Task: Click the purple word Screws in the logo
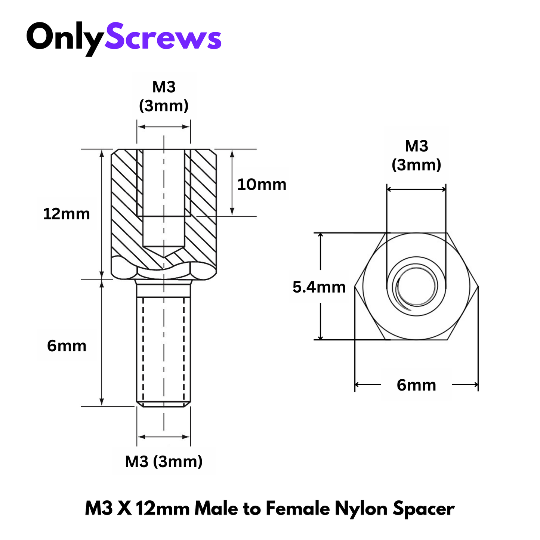[x=163, y=37]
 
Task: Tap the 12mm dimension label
[x=67, y=214]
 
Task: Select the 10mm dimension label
[x=262, y=185]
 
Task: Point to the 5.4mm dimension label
[x=319, y=287]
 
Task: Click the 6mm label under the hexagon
[x=416, y=385]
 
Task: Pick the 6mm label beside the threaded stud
[x=67, y=346]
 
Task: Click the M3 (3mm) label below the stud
[x=164, y=462]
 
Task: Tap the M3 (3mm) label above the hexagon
[x=416, y=155]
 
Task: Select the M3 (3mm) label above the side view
[x=164, y=96]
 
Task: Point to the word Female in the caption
[x=298, y=509]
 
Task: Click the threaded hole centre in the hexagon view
[x=416, y=287]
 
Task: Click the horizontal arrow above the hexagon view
[x=416, y=189]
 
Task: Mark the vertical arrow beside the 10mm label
[x=232, y=182]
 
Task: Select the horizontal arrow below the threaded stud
[x=164, y=437]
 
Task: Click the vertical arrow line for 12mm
[x=102, y=214]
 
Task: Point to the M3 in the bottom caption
[x=99, y=509]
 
